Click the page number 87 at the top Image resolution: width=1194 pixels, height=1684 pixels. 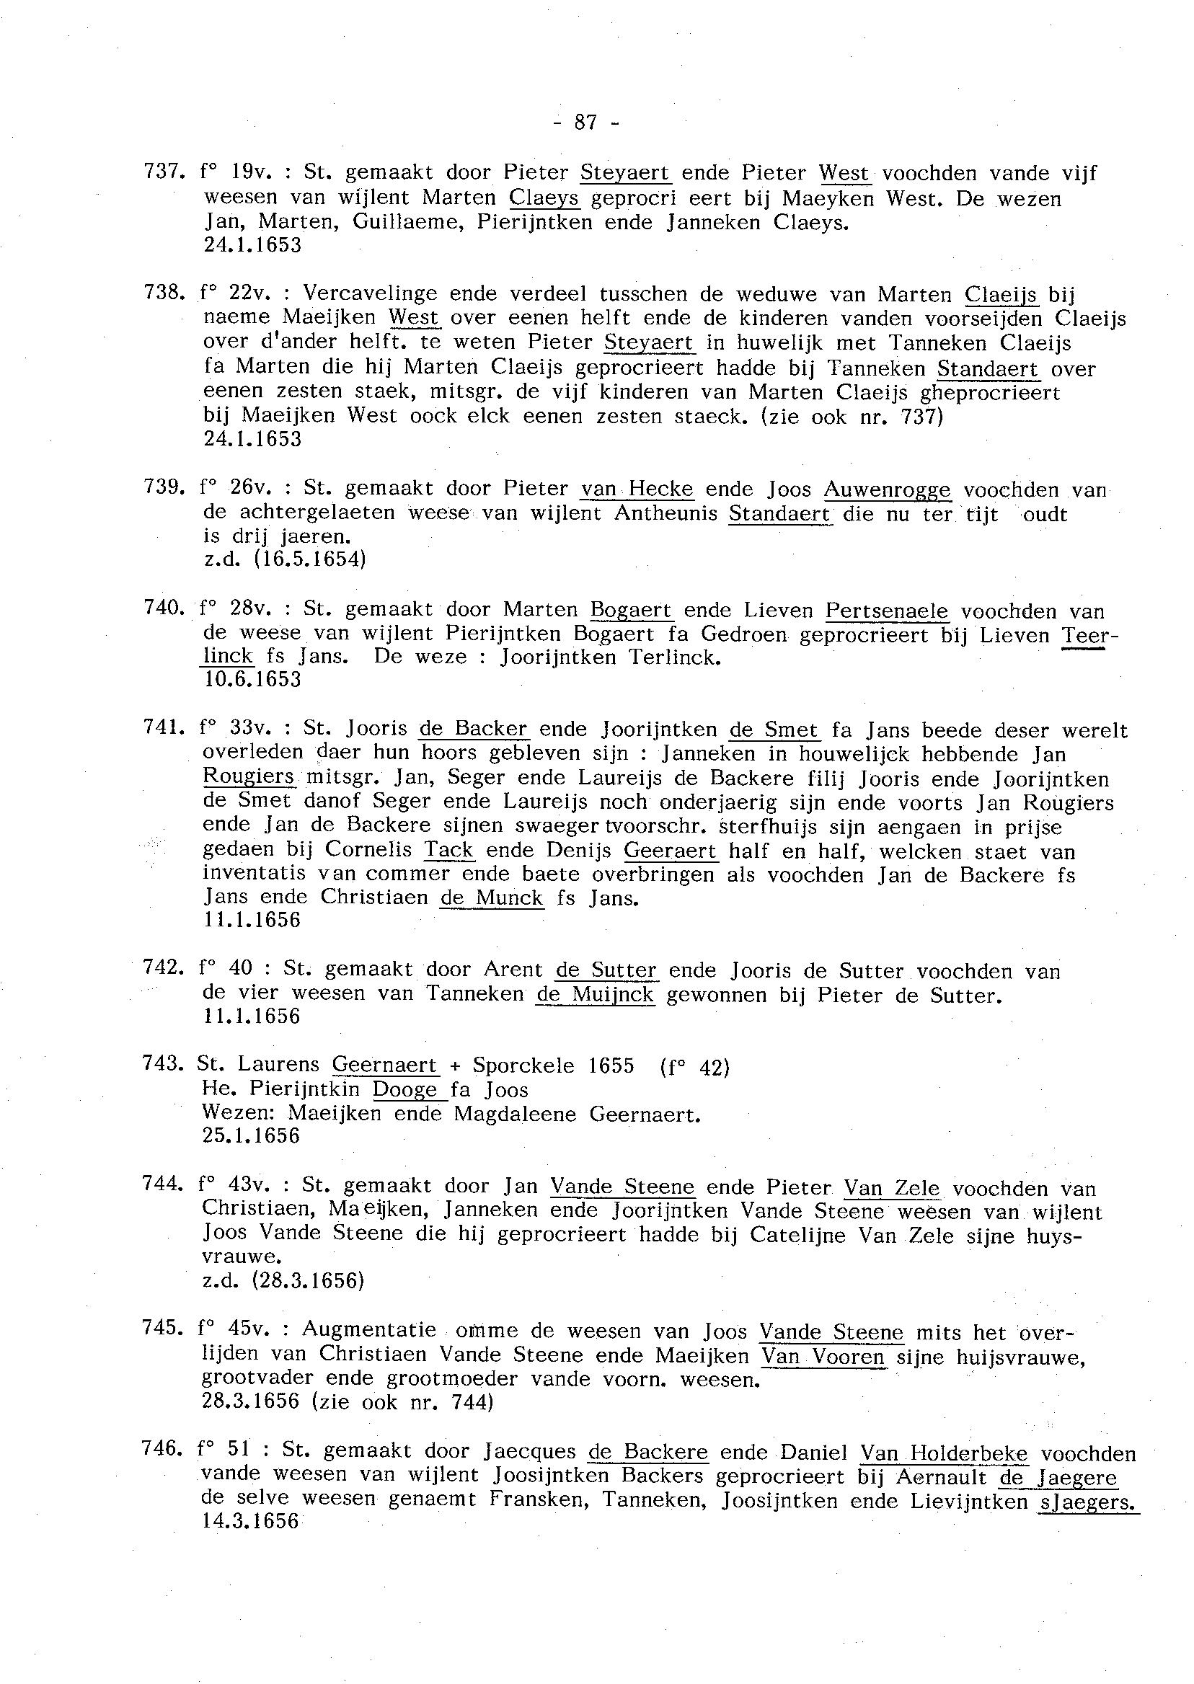click(585, 123)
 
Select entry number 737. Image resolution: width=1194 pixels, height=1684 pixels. click(161, 174)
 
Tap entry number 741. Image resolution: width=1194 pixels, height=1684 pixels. click(161, 728)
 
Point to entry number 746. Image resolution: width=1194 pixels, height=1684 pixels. click(161, 1450)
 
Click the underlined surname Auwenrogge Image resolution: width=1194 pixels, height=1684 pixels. click(887, 489)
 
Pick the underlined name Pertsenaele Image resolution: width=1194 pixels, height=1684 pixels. click(887, 611)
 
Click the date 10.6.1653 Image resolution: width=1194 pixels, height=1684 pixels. click(252, 679)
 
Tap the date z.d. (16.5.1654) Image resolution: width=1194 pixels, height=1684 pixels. click(284, 560)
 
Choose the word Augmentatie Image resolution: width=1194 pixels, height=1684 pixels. click(369, 1330)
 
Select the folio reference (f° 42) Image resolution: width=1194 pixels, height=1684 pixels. click(695, 1068)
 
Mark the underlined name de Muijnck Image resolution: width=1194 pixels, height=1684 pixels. click(595, 996)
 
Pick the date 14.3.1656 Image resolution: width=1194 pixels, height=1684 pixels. click(251, 1522)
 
